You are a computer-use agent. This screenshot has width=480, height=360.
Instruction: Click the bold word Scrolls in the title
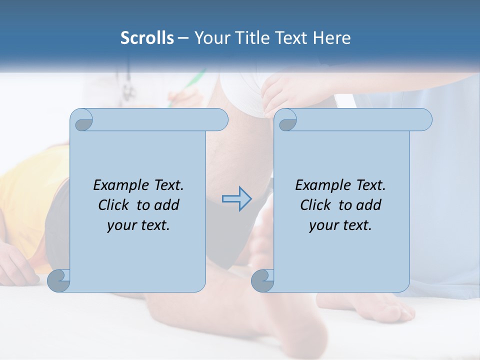(x=147, y=38)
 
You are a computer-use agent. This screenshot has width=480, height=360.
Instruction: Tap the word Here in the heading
(x=331, y=38)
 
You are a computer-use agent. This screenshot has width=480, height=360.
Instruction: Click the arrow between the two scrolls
(x=236, y=199)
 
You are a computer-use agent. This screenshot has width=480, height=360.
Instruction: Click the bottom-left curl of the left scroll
(x=58, y=280)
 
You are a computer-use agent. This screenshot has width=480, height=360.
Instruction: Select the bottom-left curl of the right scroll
(x=262, y=280)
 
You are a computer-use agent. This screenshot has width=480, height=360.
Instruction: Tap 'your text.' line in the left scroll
(x=138, y=225)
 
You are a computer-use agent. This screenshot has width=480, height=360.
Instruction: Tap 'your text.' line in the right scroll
(x=340, y=225)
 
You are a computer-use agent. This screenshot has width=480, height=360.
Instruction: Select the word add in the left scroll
(x=167, y=205)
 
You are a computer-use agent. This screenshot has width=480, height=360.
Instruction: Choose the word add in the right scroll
(x=369, y=205)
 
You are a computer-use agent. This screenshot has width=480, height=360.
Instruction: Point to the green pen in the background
(x=192, y=83)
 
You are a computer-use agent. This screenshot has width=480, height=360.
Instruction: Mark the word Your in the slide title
(x=211, y=38)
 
